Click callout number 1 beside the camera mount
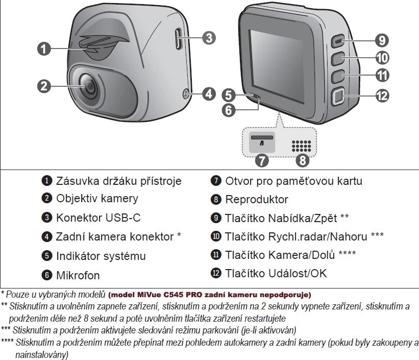pyautogui.click(x=44, y=49)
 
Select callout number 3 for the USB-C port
pyautogui.click(x=209, y=38)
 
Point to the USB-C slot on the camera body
pyautogui.click(x=179, y=39)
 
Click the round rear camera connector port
pyautogui.click(x=186, y=94)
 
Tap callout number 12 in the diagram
pyautogui.click(x=382, y=96)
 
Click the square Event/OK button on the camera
pyautogui.click(x=338, y=97)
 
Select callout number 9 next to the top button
pyautogui.click(x=382, y=40)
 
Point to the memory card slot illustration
pyautogui.click(x=262, y=142)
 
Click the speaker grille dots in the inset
pyautogui.click(x=301, y=146)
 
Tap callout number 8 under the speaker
pyautogui.click(x=302, y=160)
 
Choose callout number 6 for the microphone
pyautogui.click(x=229, y=110)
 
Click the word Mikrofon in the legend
pyautogui.click(x=78, y=275)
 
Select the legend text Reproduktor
pyautogui.click(x=257, y=200)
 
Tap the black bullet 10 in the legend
pyautogui.click(x=216, y=236)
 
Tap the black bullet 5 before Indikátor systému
pyautogui.click(x=47, y=255)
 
